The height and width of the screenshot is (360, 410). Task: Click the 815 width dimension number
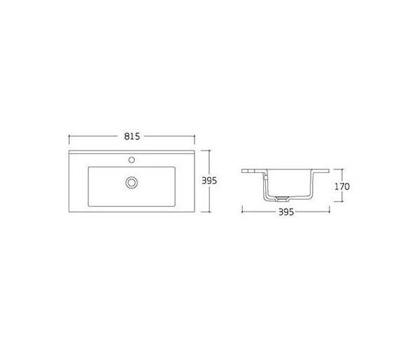[x=132, y=137]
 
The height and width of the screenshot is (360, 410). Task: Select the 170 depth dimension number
[x=342, y=186]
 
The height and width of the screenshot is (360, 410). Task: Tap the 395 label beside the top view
[x=209, y=181]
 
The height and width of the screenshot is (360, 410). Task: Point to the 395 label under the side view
[x=286, y=212]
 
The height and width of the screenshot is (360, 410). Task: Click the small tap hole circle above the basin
[x=132, y=160]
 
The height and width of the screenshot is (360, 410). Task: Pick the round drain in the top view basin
[x=132, y=183]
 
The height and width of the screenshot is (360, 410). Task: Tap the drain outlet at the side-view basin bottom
[x=282, y=199]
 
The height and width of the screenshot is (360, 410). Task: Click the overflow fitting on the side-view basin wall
[x=265, y=177]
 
